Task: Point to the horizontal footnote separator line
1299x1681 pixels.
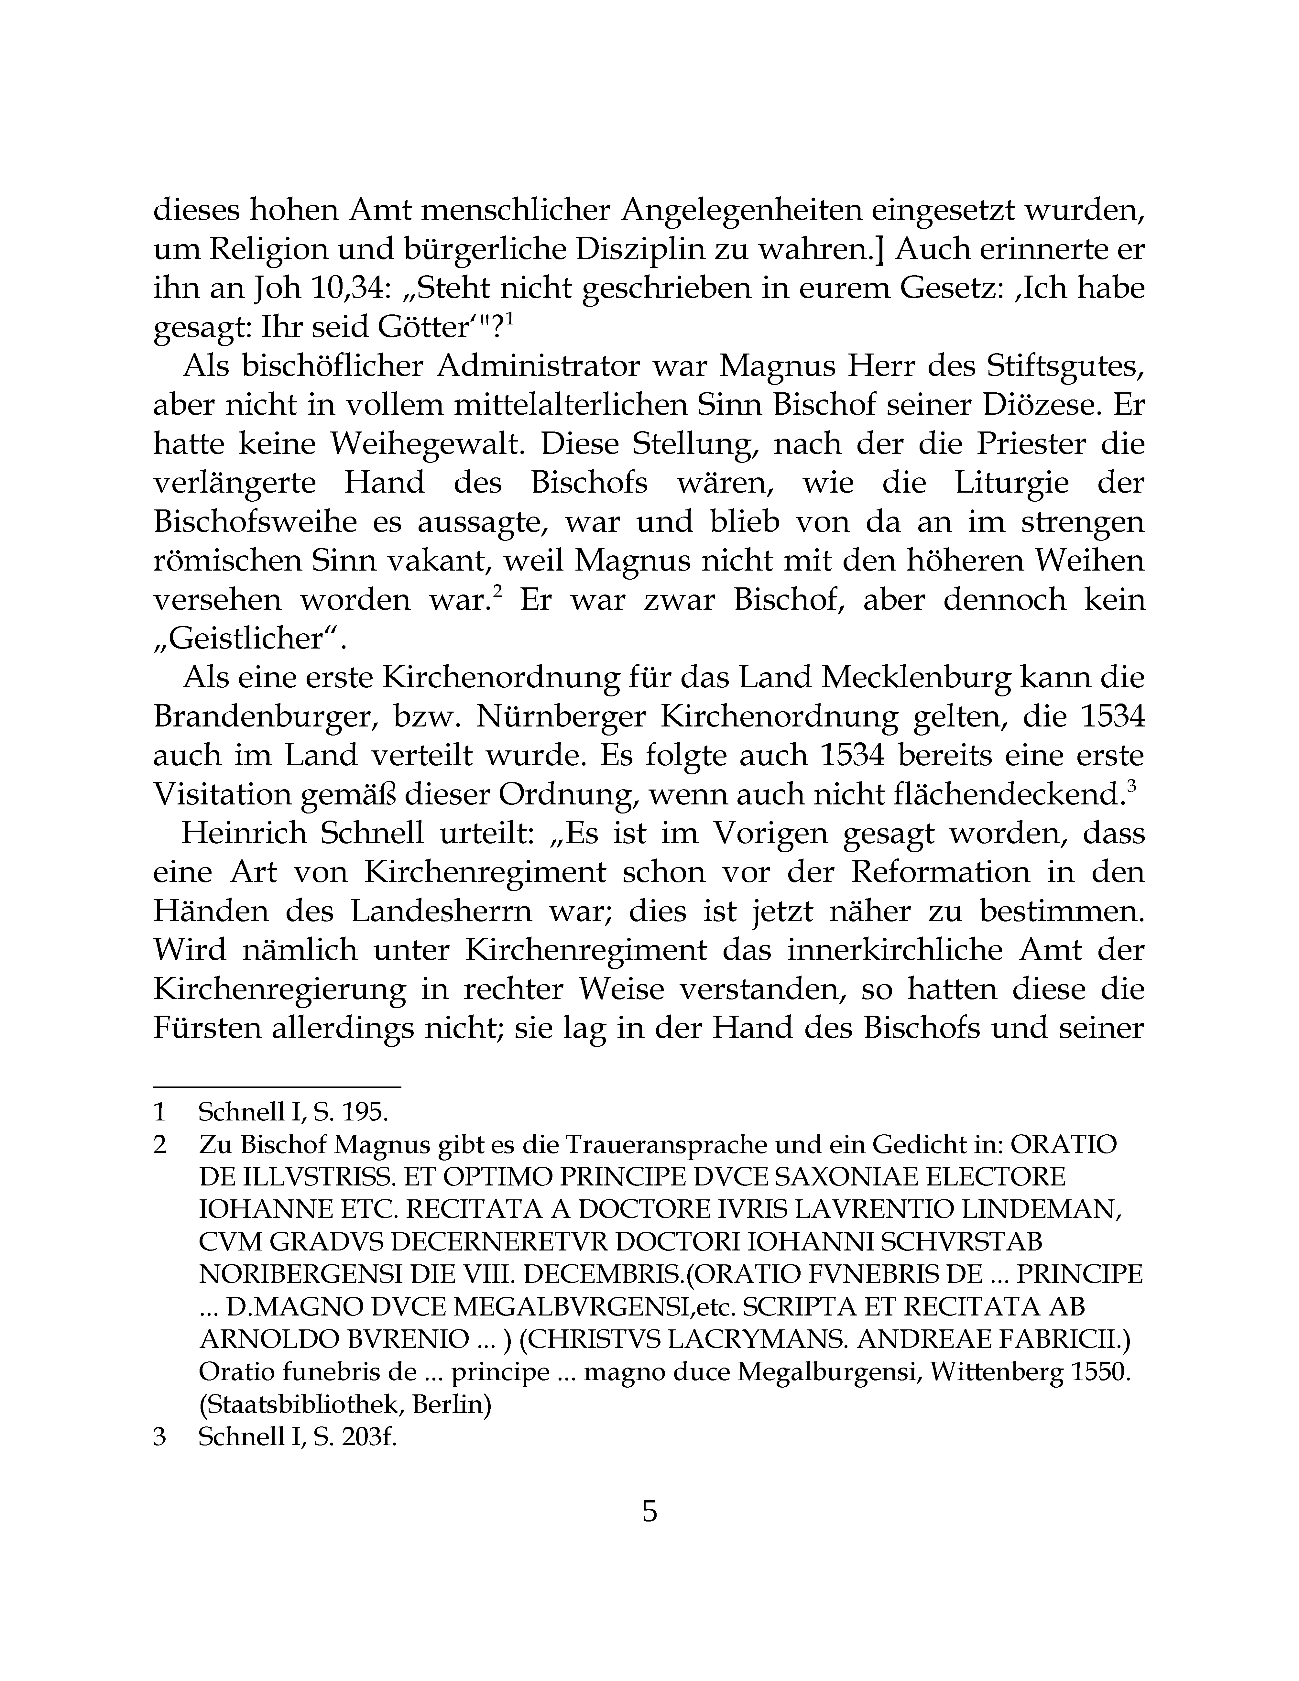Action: click(x=277, y=1087)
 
